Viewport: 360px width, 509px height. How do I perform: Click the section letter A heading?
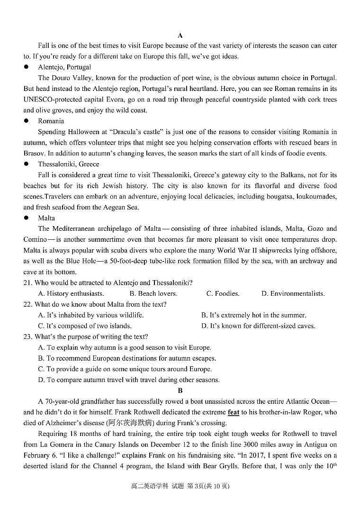point(180,35)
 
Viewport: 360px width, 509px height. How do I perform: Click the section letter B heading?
point(180,391)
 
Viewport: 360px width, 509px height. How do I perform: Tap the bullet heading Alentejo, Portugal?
point(64,67)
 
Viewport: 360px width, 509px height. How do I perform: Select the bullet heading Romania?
point(51,121)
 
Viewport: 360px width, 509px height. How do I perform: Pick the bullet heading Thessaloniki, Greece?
point(68,164)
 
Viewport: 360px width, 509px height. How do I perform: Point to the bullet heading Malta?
point(46,218)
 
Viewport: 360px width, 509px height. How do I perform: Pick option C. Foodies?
point(223,294)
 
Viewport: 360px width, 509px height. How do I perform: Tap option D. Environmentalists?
point(293,294)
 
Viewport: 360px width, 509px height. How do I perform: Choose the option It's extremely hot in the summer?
point(253,315)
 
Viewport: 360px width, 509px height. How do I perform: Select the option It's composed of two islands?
point(85,326)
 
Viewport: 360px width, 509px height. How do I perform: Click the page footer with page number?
point(180,486)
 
